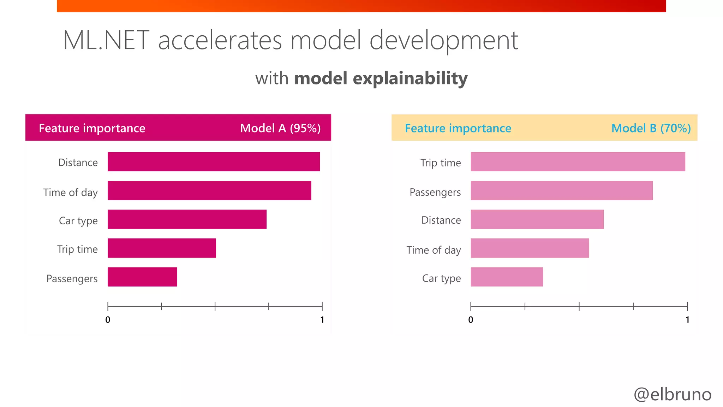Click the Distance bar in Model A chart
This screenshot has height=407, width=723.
tap(214, 162)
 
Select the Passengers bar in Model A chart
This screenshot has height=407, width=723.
tap(142, 277)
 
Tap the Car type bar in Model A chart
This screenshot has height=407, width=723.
tap(187, 219)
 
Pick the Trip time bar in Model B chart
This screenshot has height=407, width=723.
tap(578, 162)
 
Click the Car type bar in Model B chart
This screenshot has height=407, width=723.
tap(507, 277)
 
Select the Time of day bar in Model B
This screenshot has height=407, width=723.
tap(530, 248)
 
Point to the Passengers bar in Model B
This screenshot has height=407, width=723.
tap(561, 190)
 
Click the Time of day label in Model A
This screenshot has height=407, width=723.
tap(70, 193)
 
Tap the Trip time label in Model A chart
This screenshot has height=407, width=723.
tap(77, 249)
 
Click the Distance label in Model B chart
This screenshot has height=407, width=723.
tap(441, 220)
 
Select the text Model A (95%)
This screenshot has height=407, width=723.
tap(280, 128)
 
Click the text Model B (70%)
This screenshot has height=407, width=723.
tap(651, 128)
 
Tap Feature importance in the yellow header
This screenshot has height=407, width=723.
tap(458, 128)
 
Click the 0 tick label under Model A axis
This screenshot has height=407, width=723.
tap(108, 320)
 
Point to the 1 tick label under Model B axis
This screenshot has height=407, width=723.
tap(687, 320)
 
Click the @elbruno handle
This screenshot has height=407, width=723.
tap(672, 394)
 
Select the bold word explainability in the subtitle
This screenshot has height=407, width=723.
tap(410, 78)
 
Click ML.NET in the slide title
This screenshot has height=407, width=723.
tap(106, 40)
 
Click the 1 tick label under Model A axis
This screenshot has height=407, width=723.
tap(322, 320)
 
